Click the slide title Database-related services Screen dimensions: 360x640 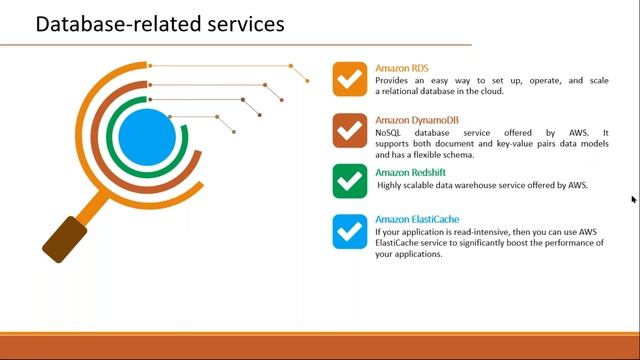click(159, 23)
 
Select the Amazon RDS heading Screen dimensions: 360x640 click(402, 68)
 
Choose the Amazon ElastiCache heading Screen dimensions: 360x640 click(417, 220)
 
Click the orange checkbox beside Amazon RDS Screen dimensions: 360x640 click(350, 79)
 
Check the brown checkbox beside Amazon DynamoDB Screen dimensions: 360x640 click(350, 130)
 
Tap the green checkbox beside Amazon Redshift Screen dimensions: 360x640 click(350, 181)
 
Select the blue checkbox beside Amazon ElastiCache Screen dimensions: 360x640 click(350, 231)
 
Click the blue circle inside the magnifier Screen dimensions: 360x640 click(147, 135)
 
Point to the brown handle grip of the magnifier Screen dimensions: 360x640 click(64, 238)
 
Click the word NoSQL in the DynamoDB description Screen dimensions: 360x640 click(390, 132)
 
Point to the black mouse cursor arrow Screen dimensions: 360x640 click(634, 200)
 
